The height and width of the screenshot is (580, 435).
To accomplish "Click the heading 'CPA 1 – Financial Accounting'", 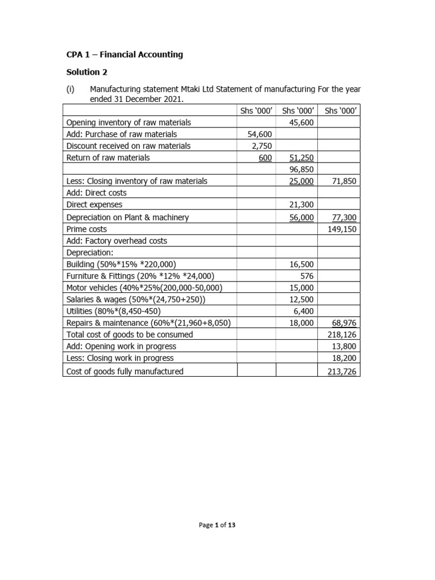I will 125,55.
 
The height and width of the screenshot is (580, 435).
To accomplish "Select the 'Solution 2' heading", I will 87,72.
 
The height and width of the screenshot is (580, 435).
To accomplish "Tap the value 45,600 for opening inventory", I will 301,122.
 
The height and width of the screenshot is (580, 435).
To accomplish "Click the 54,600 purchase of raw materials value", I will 261,134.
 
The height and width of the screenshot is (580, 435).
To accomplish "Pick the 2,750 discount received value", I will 262,146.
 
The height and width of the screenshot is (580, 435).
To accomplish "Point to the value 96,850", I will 301,169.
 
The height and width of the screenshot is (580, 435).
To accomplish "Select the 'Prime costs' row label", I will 87,229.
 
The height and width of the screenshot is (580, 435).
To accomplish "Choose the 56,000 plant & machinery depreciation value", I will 301,217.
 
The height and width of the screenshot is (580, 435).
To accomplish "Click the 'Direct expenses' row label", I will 94,204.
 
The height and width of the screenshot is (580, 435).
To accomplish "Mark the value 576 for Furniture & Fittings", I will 306,276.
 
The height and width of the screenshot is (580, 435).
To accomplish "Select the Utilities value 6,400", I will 304,311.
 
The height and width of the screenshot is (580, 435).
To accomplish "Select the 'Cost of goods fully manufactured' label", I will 125,372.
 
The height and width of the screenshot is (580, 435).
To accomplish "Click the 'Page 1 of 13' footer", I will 217,525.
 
